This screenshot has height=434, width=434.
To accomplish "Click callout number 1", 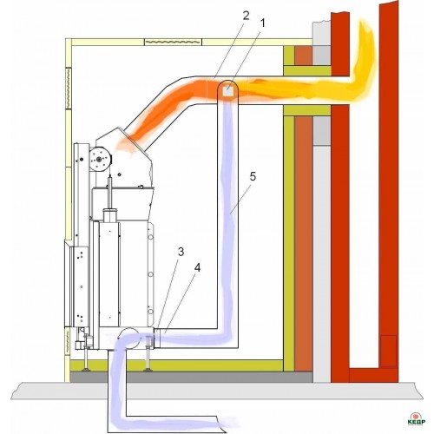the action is pyautogui.click(x=262, y=24).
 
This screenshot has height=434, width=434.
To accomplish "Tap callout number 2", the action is pyautogui.click(x=246, y=16).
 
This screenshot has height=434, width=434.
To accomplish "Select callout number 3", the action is pyautogui.click(x=181, y=252).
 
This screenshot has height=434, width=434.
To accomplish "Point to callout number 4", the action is pyautogui.click(x=197, y=268).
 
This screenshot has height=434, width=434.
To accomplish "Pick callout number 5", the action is pyautogui.click(x=253, y=176).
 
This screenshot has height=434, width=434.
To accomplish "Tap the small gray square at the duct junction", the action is pyautogui.click(x=227, y=91).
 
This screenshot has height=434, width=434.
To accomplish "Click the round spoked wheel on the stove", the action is pyautogui.click(x=100, y=159).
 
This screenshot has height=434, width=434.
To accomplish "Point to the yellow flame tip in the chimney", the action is pyautogui.click(x=366, y=29).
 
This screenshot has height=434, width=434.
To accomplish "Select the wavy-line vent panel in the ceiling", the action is pyautogui.click(x=173, y=43).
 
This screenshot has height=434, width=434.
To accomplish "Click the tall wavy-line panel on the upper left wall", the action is pyautogui.click(x=69, y=89).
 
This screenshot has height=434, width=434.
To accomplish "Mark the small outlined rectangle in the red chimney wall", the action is pyautogui.click(x=388, y=351).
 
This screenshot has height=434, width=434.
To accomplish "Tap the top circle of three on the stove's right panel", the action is pyautogui.click(x=150, y=237).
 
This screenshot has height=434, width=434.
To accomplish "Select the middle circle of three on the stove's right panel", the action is pyautogui.click(x=150, y=273).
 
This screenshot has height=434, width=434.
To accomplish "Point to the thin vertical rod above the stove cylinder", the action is pyautogui.click(x=109, y=192).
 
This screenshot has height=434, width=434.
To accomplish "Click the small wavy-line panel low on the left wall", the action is pyautogui.click(x=68, y=341).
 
